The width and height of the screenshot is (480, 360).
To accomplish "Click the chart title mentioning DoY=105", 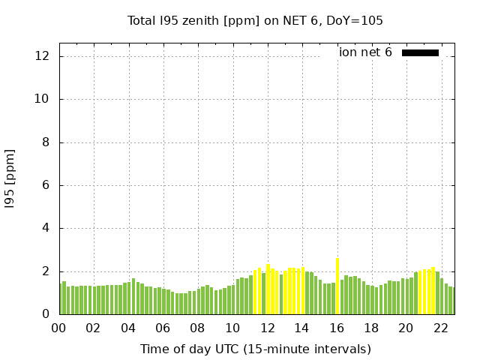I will click(255, 21).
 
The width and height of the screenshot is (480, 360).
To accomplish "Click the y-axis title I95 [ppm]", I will click(10, 178).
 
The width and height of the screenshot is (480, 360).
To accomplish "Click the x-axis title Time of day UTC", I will click(255, 349).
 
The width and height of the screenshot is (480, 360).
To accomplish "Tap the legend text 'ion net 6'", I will click(365, 52).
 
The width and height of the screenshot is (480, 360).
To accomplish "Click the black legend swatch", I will click(420, 52).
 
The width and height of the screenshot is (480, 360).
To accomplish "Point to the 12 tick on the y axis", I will click(43, 56).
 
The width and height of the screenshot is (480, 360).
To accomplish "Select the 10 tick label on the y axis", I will click(43, 99).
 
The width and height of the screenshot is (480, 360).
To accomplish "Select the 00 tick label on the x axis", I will click(58, 328).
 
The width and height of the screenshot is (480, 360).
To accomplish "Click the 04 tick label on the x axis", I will click(128, 328).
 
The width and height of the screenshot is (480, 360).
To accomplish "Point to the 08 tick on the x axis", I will click(197, 328).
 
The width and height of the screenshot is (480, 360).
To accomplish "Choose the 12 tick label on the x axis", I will click(267, 328).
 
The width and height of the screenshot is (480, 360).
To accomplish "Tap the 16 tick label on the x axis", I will click(336, 328).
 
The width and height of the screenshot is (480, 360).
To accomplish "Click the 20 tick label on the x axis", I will click(406, 328).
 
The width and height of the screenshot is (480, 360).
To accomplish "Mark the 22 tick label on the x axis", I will click(440, 328).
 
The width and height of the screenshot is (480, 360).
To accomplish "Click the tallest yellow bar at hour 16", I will click(337, 286).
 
